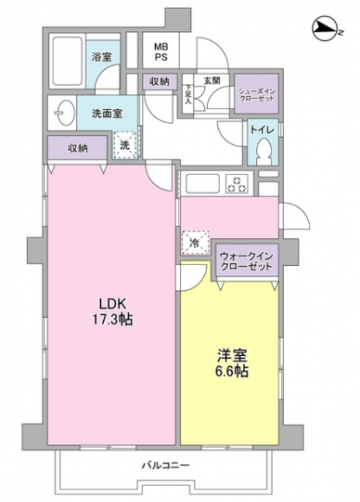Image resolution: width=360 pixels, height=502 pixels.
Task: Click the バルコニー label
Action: pyautogui.click(x=165, y=464)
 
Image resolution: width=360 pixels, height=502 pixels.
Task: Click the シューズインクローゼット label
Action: pyautogui.click(x=256, y=95)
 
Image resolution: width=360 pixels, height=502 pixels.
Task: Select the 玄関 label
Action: pyautogui.click(x=212, y=81)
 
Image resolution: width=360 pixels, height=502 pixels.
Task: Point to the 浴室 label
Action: pyautogui.click(x=102, y=57)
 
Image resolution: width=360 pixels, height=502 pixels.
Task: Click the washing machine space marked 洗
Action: pyautogui.click(x=125, y=145)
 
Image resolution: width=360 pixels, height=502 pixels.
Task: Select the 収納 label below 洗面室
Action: pyautogui.click(x=77, y=147)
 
